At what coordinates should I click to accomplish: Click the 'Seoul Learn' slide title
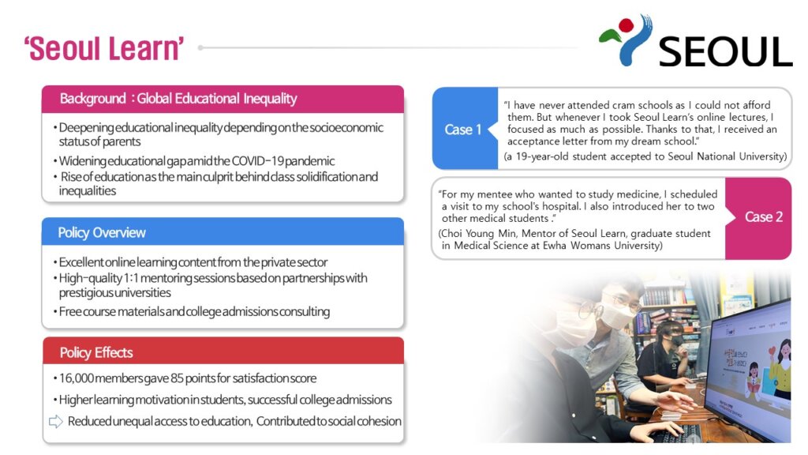pos(103,48)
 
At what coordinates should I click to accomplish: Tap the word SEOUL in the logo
pos(726,51)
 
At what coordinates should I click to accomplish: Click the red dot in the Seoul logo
pos(626,24)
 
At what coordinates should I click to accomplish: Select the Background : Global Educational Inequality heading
pos(178,99)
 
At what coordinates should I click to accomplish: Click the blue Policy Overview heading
pos(102,233)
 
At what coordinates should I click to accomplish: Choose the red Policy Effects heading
pos(96,352)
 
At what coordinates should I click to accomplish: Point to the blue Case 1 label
pos(462,130)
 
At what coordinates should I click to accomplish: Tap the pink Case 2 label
pos(764,216)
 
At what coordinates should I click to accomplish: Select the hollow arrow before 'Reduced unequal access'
pos(56,422)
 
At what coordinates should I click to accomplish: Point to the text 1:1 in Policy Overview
pos(130,279)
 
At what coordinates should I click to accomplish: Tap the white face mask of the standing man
pos(616,313)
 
